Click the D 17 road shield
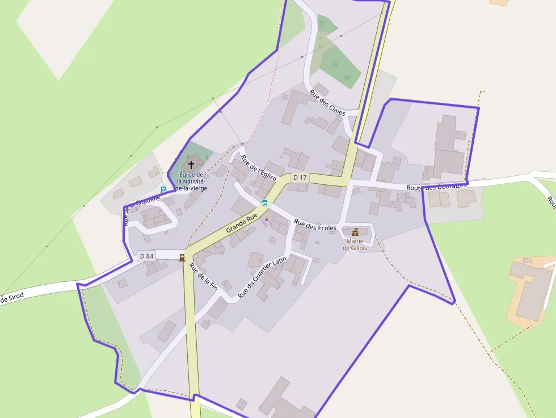[300, 178]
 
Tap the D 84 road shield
[146, 256]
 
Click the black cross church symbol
[191, 164]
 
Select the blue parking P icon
[163, 190]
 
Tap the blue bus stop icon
[264, 202]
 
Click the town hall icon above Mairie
[355, 232]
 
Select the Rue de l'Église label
[258, 168]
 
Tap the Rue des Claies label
[327, 103]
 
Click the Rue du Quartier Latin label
[262, 277]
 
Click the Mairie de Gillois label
[355, 244]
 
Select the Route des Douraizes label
[436, 187]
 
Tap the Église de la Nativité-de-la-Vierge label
[191, 181]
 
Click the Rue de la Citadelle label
[142, 210]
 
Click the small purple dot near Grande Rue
[267, 219]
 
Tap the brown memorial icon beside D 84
[182, 257]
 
